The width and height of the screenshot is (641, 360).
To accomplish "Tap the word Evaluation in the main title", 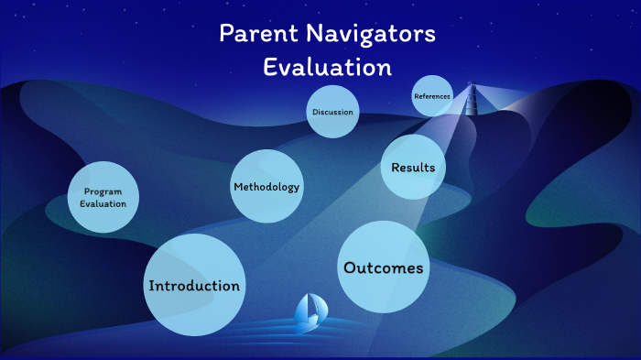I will pos(327,67).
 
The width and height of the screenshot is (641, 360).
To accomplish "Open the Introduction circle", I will pos(194,285).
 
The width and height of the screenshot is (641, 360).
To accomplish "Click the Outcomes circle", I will pos(383,267).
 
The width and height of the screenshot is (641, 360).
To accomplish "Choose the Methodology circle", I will pos(266,186).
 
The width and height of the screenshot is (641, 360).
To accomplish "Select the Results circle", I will pos(412,167).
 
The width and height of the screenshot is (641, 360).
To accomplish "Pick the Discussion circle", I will pos(331,112).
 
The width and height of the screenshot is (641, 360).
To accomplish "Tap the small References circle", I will pos(432,96).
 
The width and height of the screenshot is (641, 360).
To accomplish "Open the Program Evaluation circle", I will pos(103,197).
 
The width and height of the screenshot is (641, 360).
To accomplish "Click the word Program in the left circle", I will pos(103,191).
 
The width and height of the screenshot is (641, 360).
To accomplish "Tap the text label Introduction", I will pos(194,286).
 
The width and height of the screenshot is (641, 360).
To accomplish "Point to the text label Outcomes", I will pos(383,268).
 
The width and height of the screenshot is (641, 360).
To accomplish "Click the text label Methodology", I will pos(266,187).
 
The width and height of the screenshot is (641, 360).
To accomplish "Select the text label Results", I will pos(412,168).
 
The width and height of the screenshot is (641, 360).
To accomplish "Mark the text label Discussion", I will pos(331,113).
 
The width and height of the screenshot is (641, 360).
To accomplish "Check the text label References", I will pos(432,96).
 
